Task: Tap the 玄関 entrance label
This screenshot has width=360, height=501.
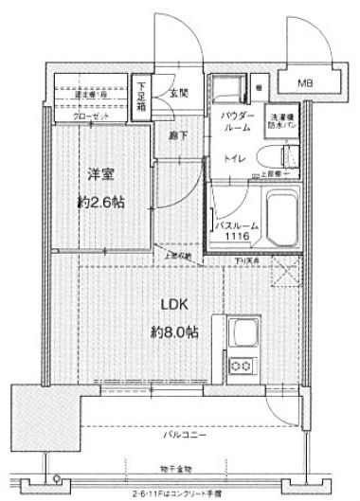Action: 177,93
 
